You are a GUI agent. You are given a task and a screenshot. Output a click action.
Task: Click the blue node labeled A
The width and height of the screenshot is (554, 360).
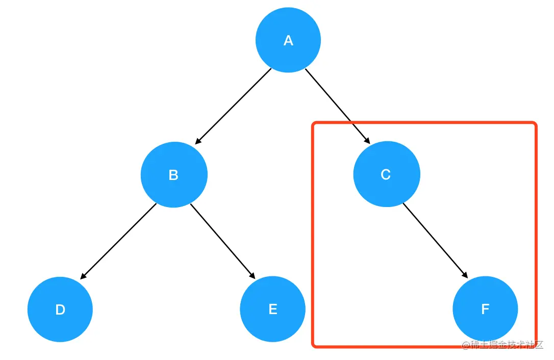click(x=288, y=40)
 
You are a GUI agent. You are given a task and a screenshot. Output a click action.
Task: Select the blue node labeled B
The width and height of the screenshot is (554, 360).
click(x=174, y=174)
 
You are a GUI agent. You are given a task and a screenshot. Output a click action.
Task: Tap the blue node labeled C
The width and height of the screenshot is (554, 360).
click(x=387, y=174)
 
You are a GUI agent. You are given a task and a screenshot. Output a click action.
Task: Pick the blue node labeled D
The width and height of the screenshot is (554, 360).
click(x=60, y=309)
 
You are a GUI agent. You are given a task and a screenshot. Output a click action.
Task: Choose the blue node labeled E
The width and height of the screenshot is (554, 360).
click(x=273, y=309)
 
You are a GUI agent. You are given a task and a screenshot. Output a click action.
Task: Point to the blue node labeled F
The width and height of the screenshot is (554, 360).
click(x=485, y=309)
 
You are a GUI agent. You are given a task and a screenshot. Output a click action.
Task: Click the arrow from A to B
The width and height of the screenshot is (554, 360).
click(x=233, y=107)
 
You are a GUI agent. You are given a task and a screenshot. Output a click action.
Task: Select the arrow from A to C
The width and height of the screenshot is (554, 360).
click(x=337, y=106)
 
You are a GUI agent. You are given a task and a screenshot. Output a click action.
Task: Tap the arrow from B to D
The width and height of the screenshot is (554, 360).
click(x=118, y=241)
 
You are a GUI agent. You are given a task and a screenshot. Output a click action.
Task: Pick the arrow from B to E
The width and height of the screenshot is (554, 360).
click(x=222, y=241)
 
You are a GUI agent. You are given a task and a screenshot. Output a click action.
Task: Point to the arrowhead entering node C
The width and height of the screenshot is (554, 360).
click(x=367, y=140)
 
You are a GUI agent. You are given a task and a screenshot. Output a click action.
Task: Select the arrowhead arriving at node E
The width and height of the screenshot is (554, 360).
click(x=253, y=275)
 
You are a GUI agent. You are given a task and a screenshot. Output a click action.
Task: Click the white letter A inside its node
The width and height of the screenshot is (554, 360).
click(x=288, y=41)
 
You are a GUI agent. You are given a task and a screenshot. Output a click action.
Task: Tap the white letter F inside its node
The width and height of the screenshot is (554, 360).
click(x=485, y=309)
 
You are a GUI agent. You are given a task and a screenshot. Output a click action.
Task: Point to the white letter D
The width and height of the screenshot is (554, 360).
click(x=60, y=310)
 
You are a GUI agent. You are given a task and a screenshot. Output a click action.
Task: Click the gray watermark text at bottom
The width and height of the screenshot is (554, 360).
click(x=502, y=345)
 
